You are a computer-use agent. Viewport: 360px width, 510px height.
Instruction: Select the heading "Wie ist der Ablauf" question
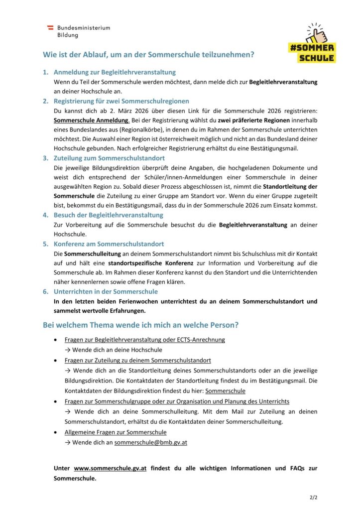coord(147,54)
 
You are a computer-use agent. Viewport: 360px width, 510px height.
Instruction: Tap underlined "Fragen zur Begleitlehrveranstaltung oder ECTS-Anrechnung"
coord(144,340)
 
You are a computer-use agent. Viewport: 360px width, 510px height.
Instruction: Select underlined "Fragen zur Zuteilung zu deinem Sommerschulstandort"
coord(137,360)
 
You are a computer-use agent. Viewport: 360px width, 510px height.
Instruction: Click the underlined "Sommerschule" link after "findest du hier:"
coord(225,391)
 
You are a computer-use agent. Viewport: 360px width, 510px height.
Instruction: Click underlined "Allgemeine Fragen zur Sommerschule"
coord(116,432)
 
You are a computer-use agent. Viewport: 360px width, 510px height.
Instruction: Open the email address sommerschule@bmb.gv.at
coord(150,442)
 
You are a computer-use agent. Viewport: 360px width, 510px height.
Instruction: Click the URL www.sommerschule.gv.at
coord(110,468)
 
